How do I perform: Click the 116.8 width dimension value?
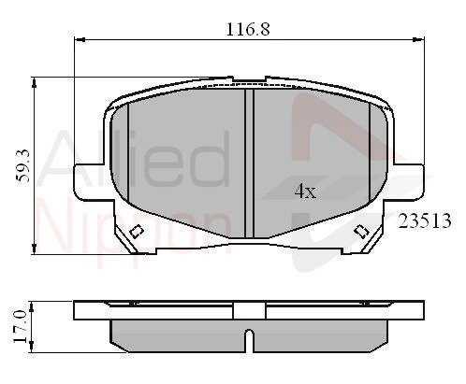[248, 29]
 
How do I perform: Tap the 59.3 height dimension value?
[22, 165]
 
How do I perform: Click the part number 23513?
[425, 220]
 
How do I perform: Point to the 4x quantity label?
[305, 191]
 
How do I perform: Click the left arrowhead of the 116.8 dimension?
[80, 39]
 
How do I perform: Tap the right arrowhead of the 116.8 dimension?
[418, 39]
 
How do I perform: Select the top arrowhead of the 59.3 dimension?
[34, 82]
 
